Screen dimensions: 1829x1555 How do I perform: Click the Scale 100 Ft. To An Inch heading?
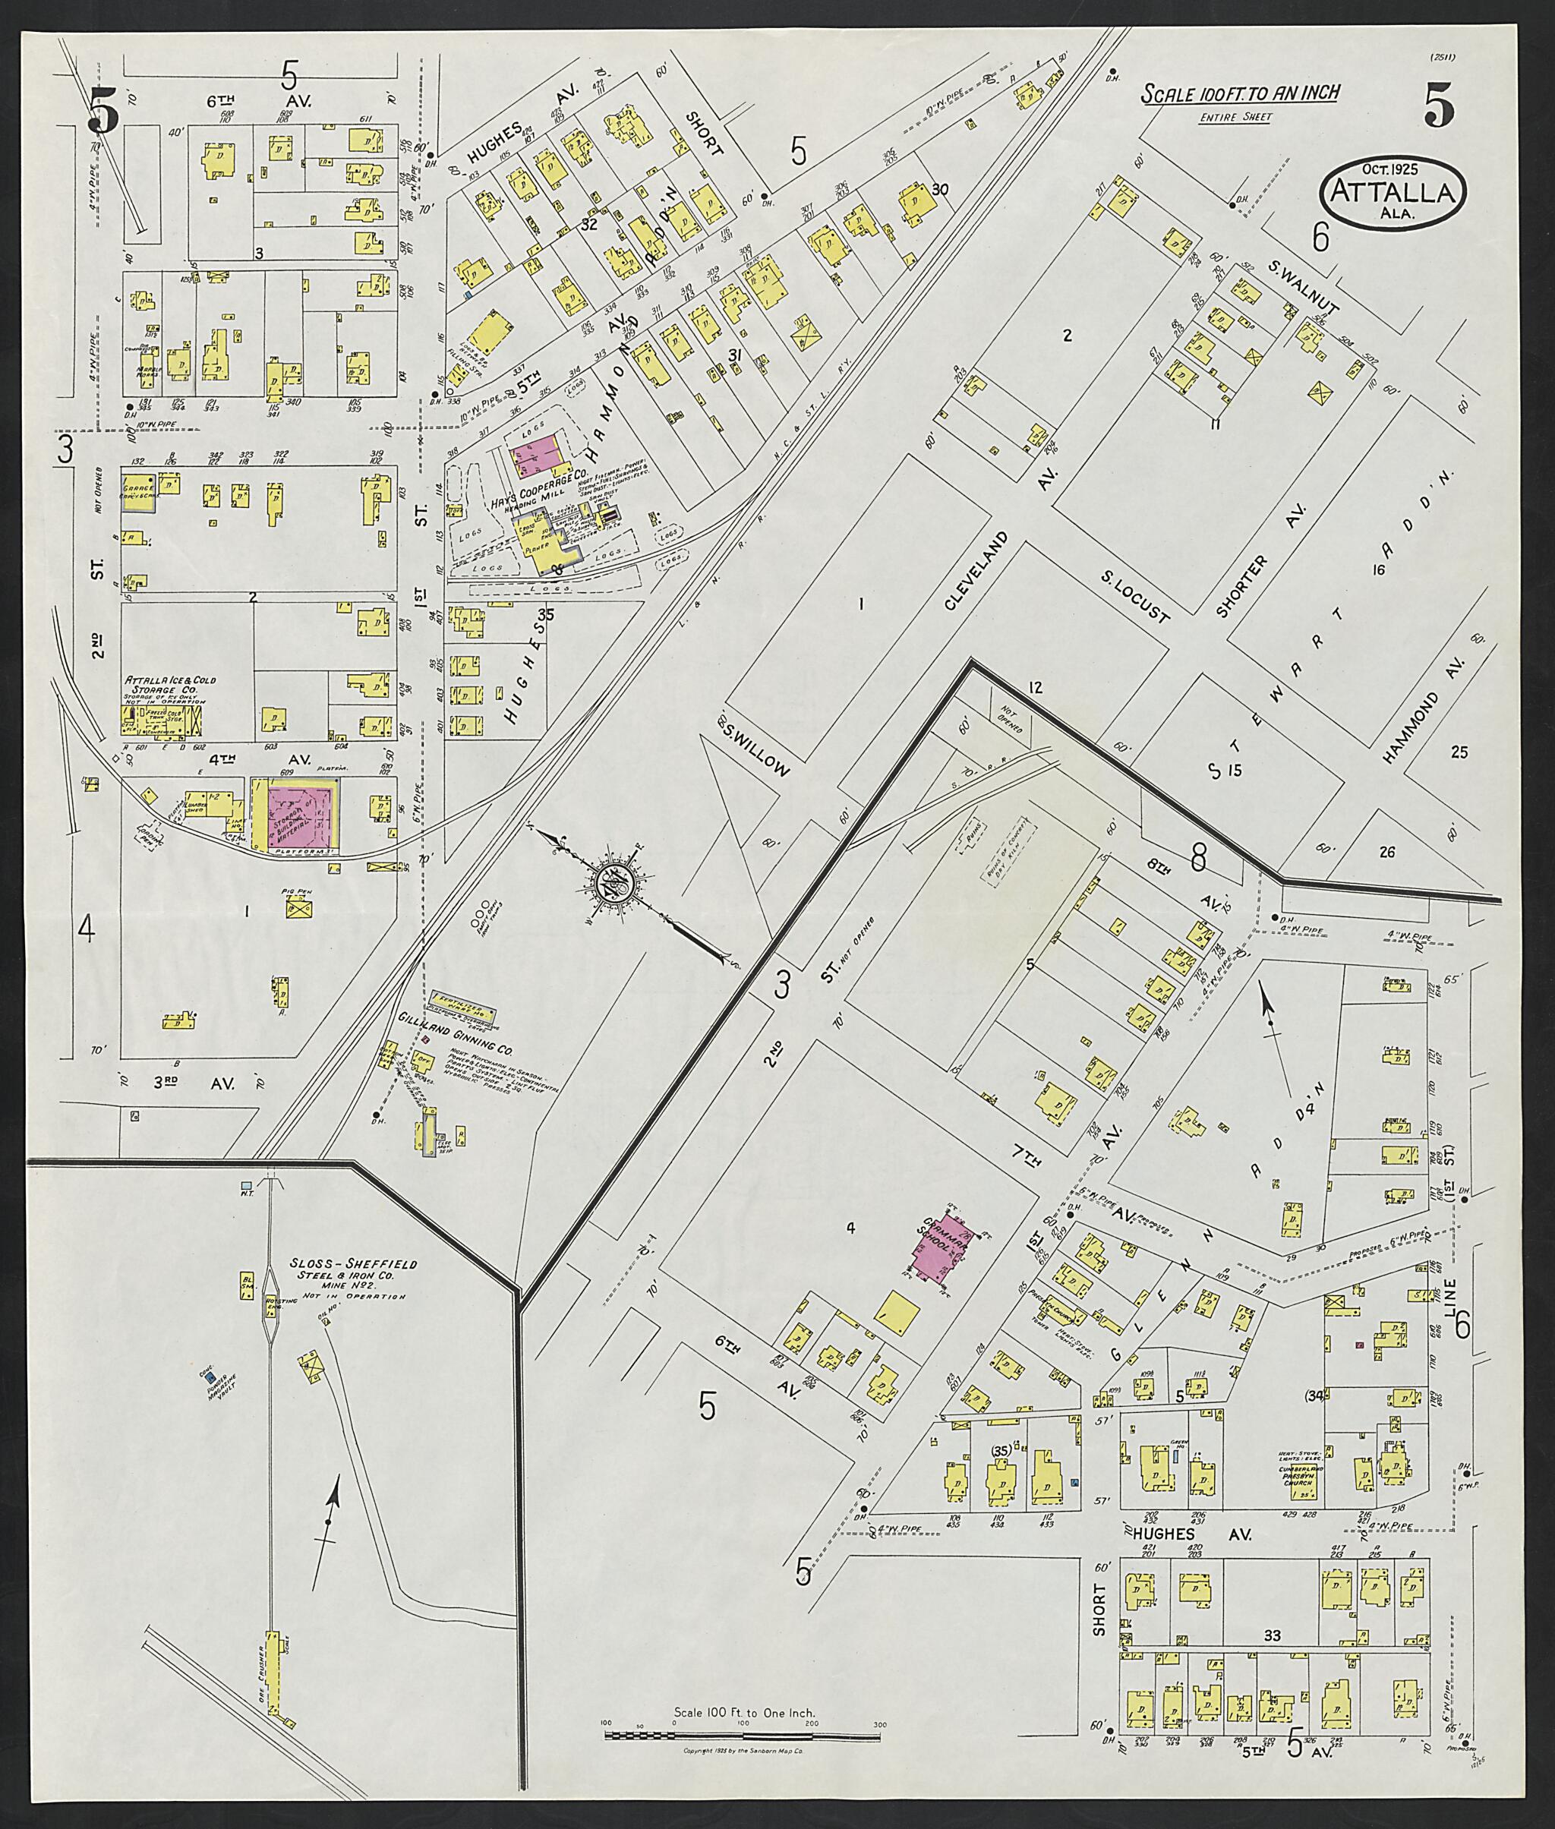pos(1241,93)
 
